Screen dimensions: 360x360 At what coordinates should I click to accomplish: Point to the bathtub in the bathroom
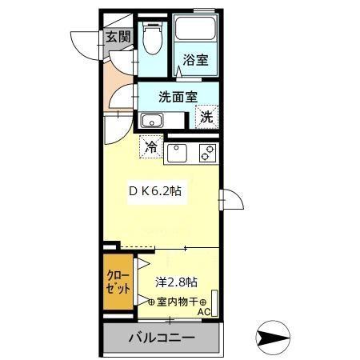(x=194, y=31)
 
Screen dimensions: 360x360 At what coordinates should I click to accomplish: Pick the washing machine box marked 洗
(x=206, y=117)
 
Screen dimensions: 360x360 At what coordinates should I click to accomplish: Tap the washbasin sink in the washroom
(x=151, y=122)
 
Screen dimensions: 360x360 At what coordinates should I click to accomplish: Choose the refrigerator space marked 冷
(x=150, y=146)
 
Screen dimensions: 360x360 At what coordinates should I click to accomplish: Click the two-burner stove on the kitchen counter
(x=206, y=151)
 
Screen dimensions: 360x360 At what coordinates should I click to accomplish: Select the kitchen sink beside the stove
(x=177, y=151)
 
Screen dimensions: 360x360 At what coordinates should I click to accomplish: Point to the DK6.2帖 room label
(x=156, y=192)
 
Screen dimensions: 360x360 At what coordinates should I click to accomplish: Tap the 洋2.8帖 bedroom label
(x=176, y=282)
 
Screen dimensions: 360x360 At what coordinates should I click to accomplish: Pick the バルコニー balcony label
(x=161, y=337)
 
